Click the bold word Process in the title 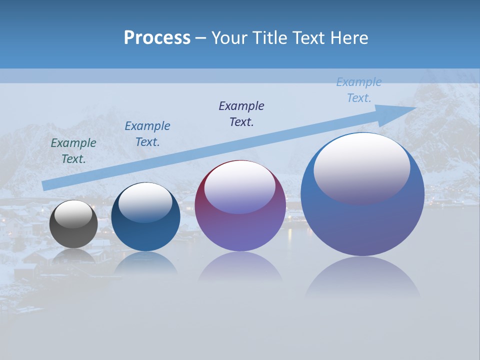[157, 38]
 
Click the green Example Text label [73, 150]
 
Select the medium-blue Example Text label [147, 133]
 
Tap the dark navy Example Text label [241, 113]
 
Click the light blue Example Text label [359, 90]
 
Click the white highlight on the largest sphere [361, 168]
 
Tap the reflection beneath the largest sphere [362, 277]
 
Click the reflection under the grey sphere [73, 256]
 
